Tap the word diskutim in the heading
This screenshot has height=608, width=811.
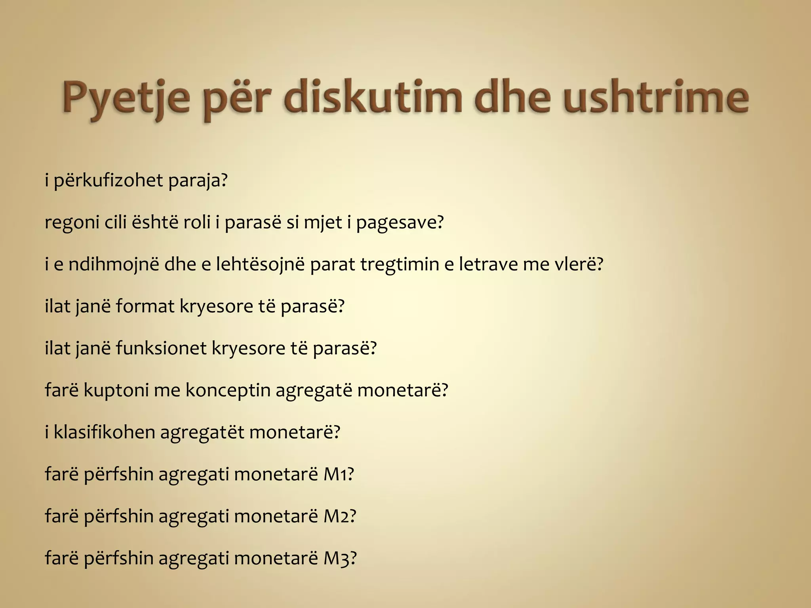point(372,97)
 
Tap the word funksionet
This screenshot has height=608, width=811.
point(161,349)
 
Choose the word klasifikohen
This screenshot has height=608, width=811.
point(104,432)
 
